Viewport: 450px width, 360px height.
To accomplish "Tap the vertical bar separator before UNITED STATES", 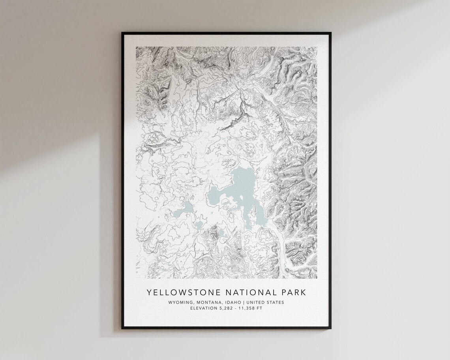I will pos(244,302).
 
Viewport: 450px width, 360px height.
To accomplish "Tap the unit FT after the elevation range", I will pos(259,308).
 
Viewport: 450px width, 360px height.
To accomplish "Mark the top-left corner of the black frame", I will pos(122,33).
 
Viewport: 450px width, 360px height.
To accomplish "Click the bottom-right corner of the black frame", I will pos(331,328).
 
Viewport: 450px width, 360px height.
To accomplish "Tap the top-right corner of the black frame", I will pos(331,33).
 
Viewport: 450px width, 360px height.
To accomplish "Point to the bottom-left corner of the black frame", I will pos(122,328).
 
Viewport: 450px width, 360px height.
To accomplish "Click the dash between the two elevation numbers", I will pos(236,308).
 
